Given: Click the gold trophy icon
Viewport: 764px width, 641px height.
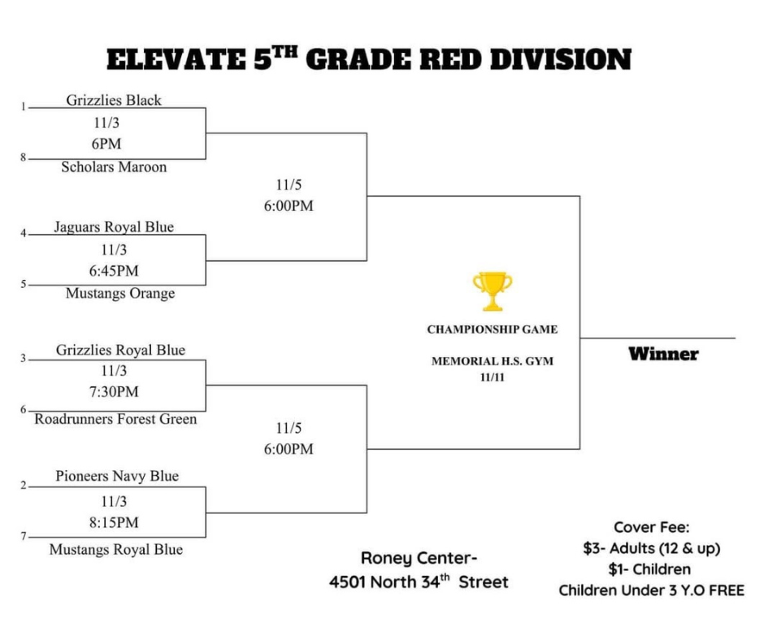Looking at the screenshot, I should click(493, 291).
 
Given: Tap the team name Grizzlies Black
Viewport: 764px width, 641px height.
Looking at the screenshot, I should click(114, 101).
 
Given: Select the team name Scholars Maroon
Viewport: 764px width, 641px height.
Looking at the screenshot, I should click(114, 168).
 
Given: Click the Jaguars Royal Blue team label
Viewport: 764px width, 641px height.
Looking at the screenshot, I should click(114, 227).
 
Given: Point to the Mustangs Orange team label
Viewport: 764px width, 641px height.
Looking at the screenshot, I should click(120, 294).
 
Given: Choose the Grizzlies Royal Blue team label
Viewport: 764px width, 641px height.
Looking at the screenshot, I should click(120, 351).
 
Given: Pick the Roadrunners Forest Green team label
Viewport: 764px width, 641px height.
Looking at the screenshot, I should click(115, 420).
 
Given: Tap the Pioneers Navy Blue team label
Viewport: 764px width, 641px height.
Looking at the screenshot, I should click(117, 476).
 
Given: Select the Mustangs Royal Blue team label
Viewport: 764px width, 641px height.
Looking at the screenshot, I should click(116, 550).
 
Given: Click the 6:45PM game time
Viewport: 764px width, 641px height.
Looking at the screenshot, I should click(114, 271).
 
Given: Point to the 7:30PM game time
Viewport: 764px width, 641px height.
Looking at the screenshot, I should click(114, 392).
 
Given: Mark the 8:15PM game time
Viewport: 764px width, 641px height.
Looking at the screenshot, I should click(114, 522).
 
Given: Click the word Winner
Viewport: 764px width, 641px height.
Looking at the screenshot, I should click(663, 355).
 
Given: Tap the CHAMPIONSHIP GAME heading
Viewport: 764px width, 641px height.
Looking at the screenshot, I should click(493, 330).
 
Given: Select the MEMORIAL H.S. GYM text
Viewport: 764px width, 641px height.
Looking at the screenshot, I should click(493, 361).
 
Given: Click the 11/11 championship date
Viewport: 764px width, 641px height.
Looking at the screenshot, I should click(493, 377).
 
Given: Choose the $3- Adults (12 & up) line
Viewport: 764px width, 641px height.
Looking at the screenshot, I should click(651, 548).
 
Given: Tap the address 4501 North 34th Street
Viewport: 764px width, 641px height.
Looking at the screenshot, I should click(419, 582).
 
